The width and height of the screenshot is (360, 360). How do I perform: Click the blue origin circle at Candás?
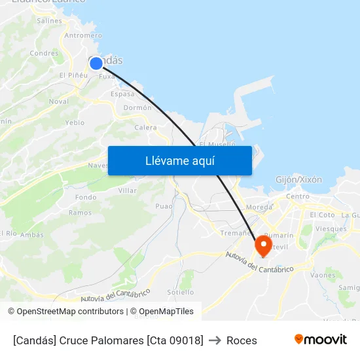point(96,63)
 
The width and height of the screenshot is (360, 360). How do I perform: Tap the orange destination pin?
point(263,245)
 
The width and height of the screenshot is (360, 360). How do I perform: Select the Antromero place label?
point(83,35)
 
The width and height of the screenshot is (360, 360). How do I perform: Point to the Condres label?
point(44,53)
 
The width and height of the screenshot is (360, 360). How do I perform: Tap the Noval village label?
point(58,101)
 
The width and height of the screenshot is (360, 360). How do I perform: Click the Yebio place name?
point(75,122)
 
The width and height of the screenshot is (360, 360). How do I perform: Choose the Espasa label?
point(122,94)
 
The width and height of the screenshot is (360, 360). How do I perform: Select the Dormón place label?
point(137,108)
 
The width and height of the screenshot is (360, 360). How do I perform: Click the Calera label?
point(145,128)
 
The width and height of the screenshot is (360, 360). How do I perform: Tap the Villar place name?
point(128,190)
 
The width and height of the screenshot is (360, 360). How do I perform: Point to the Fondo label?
point(86,197)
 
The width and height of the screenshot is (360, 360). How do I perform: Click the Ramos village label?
point(80,213)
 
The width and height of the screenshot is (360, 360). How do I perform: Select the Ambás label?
point(32,234)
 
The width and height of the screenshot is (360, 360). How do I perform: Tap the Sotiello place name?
point(180,292)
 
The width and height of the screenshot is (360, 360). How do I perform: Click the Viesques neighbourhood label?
point(331,229)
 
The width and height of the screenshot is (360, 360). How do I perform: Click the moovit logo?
point(321,339)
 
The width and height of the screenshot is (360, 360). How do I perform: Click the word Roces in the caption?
point(242,340)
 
